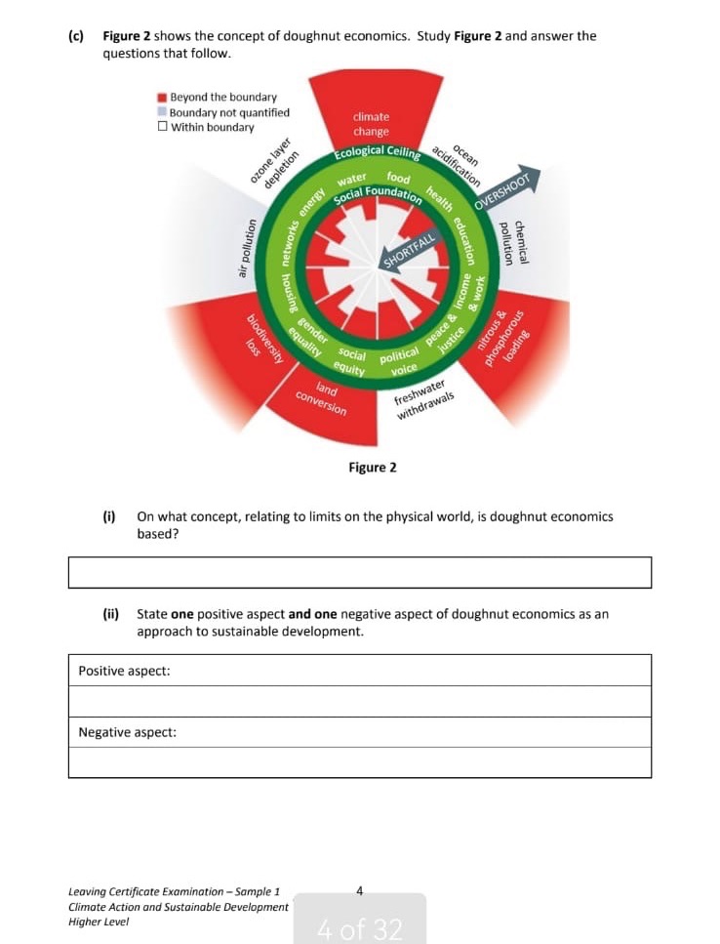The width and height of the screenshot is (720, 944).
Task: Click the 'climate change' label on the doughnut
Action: pyautogui.click(x=371, y=124)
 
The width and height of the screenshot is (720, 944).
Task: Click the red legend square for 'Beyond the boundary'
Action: pyautogui.click(x=162, y=98)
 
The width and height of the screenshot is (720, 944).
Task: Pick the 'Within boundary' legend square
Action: pyautogui.click(x=162, y=128)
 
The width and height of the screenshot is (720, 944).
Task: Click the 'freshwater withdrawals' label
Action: pyautogui.click(x=423, y=399)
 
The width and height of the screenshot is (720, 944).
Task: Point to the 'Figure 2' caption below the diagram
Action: pyautogui.click(x=372, y=468)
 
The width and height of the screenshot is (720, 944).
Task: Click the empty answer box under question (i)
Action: pyautogui.click(x=359, y=572)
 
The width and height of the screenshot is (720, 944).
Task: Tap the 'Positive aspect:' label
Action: pyautogui.click(x=124, y=671)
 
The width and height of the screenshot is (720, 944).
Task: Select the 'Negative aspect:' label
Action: pyautogui.click(x=128, y=732)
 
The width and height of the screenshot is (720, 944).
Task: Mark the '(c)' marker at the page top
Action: pyautogui.click(x=76, y=36)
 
